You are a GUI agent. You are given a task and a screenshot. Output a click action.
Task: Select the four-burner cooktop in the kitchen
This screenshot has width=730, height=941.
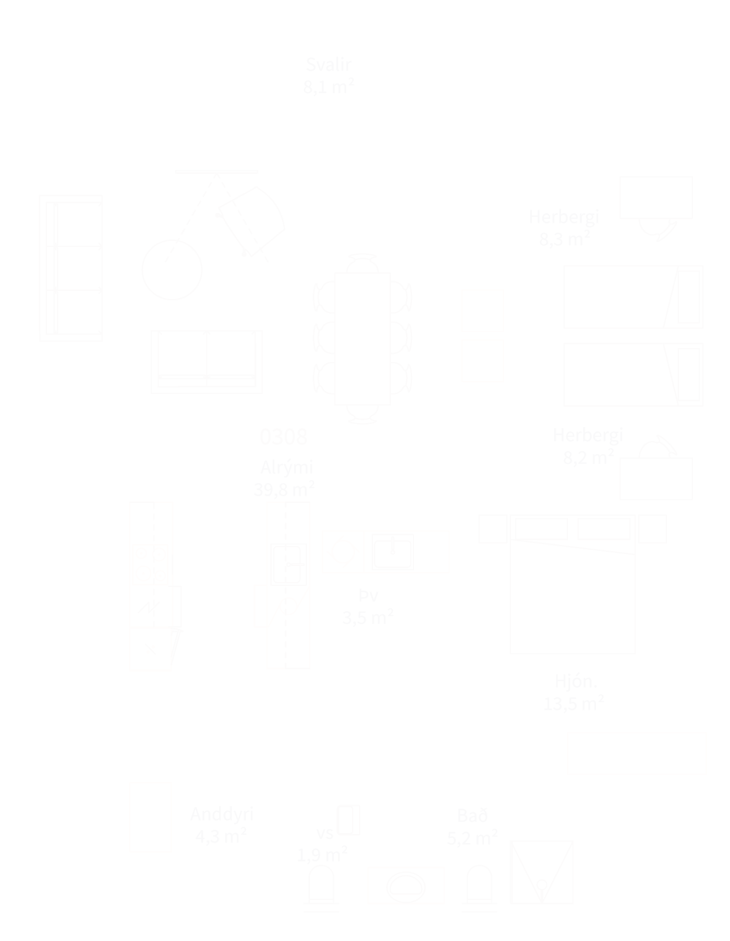[x=150, y=565]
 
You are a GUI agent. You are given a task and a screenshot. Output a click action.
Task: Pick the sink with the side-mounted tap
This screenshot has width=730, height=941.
[x=288, y=564]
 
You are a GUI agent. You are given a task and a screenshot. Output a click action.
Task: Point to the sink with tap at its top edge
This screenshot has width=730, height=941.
[x=393, y=551]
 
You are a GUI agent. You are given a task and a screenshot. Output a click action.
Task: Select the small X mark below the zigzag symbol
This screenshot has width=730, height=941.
[x=151, y=649]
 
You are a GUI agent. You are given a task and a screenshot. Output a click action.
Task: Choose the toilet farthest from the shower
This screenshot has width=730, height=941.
[x=321, y=884]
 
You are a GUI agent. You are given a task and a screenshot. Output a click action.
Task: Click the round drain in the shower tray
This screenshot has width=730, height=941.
[x=542, y=883]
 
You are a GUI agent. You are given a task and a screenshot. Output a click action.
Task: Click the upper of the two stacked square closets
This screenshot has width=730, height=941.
[x=482, y=311]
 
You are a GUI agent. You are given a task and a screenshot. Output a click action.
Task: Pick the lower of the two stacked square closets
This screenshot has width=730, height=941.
[x=482, y=361]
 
